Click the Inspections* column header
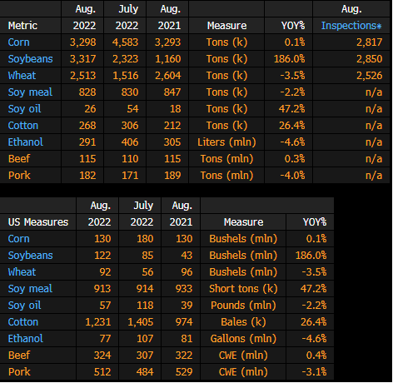click(x=351, y=26)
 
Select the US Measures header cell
click(x=38, y=222)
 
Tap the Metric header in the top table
click(x=22, y=26)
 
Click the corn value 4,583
click(x=125, y=42)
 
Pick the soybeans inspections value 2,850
click(x=370, y=59)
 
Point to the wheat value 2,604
click(x=168, y=76)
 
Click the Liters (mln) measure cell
click(x=226, y=142)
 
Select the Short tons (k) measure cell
click(x=243, y=289)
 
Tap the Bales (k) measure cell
click(x=243, y=322)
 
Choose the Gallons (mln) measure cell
click(x=243, y=339)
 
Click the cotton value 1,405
click(x=141, y=322)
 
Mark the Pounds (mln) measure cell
click(x=243, y=306)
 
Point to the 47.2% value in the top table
click(x=291, y=109)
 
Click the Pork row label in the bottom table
click(x=19, y=372)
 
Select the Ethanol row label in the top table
click(x=26, y=142)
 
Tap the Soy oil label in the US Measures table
click(x=24, y=306)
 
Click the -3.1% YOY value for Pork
click(x=314, y=372)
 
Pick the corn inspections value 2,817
click(x=370, y=42)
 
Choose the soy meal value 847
click(x=172, y=92)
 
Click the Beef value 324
click(x=102, y=356)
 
